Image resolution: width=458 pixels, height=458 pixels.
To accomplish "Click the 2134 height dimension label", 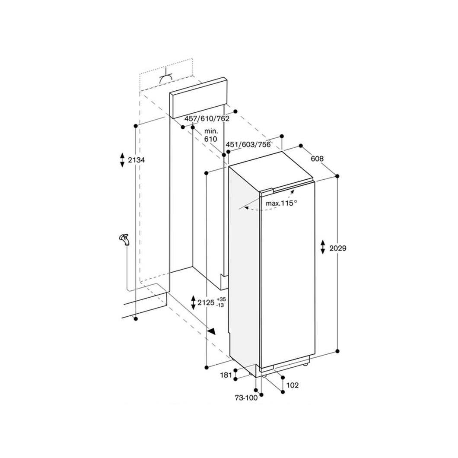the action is click(136, 160).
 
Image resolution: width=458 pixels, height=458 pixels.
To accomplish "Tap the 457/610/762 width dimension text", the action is click(207, 118).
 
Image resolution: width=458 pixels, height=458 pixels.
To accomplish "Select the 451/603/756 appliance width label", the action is click(248, 144).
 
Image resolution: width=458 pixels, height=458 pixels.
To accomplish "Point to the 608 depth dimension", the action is click(317, 159).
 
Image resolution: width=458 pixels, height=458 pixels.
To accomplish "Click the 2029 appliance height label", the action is click(337, 248).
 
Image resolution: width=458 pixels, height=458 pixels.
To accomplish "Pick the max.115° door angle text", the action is click(281, 203).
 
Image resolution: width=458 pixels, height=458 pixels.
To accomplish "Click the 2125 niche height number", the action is click(206, 302).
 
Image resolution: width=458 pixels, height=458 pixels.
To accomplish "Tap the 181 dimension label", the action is click(226, 375).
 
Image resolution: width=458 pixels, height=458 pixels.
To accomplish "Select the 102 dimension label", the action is click(293, 385).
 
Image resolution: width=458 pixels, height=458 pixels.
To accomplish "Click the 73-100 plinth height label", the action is click(246, 398).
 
